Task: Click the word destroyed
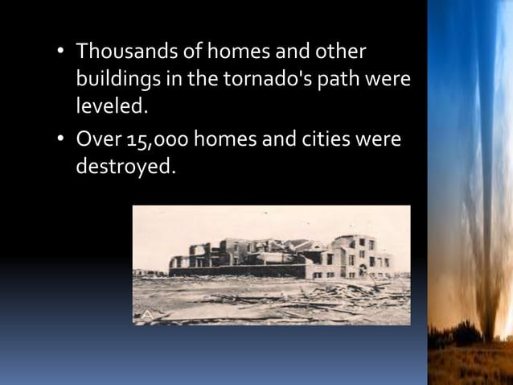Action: tap(124, 168)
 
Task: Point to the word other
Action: tap(339, 53)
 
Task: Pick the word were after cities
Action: tap(374, 141)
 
